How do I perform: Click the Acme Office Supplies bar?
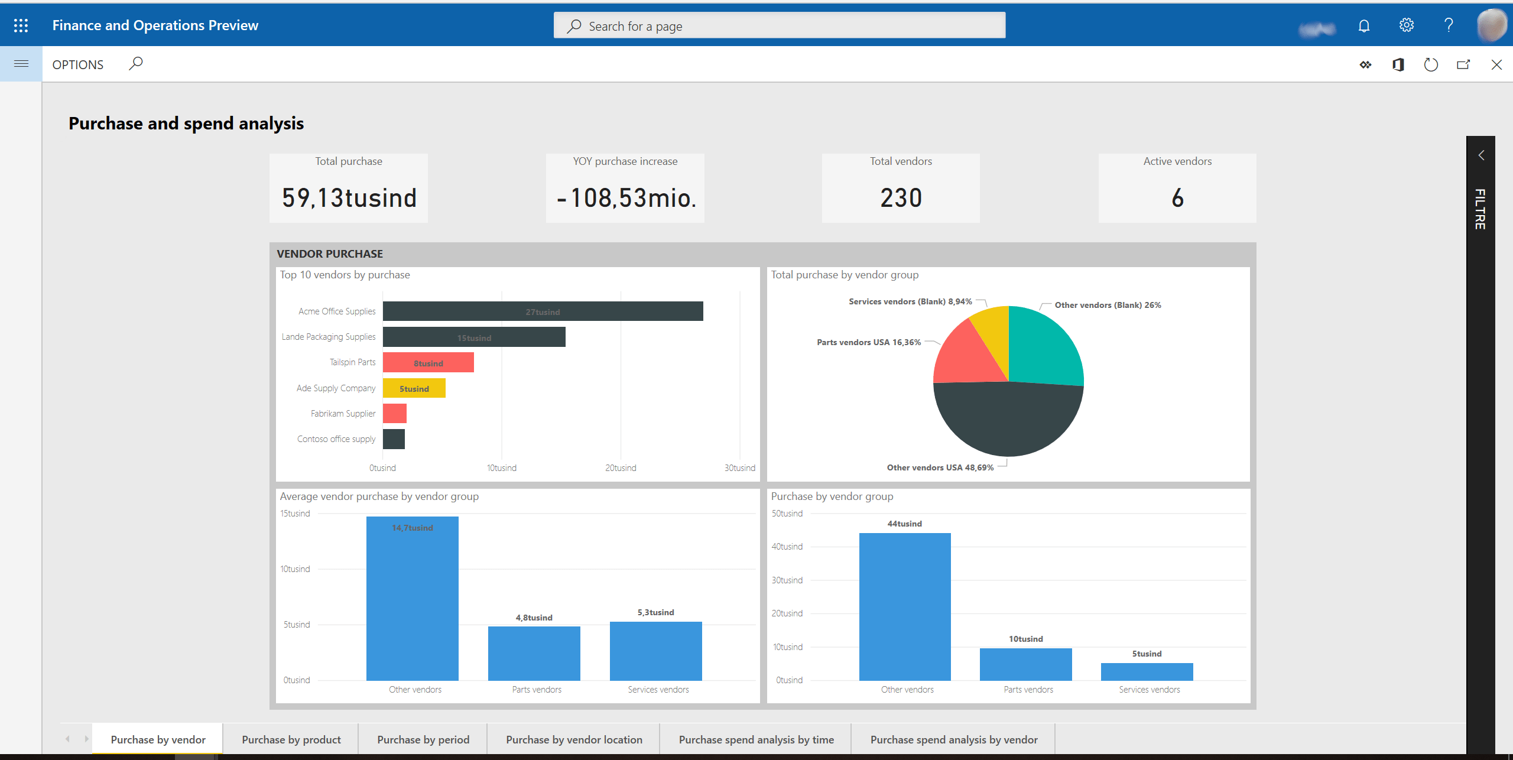(543, 311)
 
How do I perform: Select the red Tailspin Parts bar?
(428, 362)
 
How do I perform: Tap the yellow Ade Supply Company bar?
(414, 388)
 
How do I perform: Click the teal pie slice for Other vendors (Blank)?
(1043, 349)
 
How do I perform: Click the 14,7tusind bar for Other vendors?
(412, 597)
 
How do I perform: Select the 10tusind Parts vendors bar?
(1025, 664)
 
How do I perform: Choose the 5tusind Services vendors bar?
(1147, 672)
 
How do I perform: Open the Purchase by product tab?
(291, 740)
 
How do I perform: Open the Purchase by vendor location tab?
(573, 740)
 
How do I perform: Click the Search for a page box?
(779, 26)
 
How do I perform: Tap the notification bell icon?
(1364, 26)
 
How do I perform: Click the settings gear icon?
(1406, 25)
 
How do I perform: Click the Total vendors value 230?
(901, 198)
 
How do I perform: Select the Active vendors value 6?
(1177, 198)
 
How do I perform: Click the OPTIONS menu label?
(77, 65)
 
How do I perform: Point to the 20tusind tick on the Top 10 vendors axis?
(621, 468)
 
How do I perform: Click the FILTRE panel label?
(1480, 209)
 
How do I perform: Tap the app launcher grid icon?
(21, 25)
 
